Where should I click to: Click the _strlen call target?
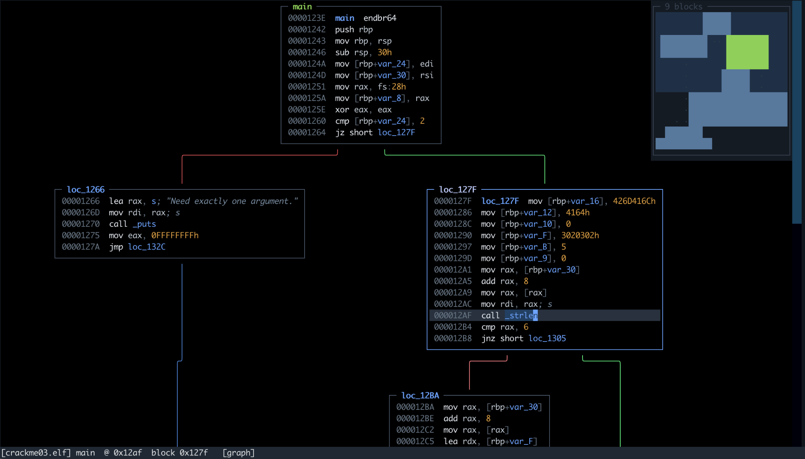click(521, 316)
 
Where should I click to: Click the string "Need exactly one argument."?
click(232, 201)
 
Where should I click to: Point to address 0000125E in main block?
click(307, 110)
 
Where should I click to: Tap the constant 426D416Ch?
click(634, 201)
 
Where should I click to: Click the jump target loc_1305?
click(547, 338)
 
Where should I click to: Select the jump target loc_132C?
click(147, 247)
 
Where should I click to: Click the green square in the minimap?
click(747, 52)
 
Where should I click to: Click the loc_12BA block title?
click(420, 395)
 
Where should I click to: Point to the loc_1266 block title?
click(86, 189)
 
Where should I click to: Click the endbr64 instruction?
click(380, 18)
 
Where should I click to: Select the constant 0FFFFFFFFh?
click(175, 235)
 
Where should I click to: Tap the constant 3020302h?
click(580, 235)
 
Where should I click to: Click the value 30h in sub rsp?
click(384, 52)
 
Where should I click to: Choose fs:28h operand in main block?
click(392, 86)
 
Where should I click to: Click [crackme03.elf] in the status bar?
click(36, 453)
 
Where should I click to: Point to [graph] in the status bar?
click(239, 453)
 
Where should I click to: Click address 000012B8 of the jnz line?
click(453, 338)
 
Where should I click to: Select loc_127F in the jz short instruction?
click(396, 132)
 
